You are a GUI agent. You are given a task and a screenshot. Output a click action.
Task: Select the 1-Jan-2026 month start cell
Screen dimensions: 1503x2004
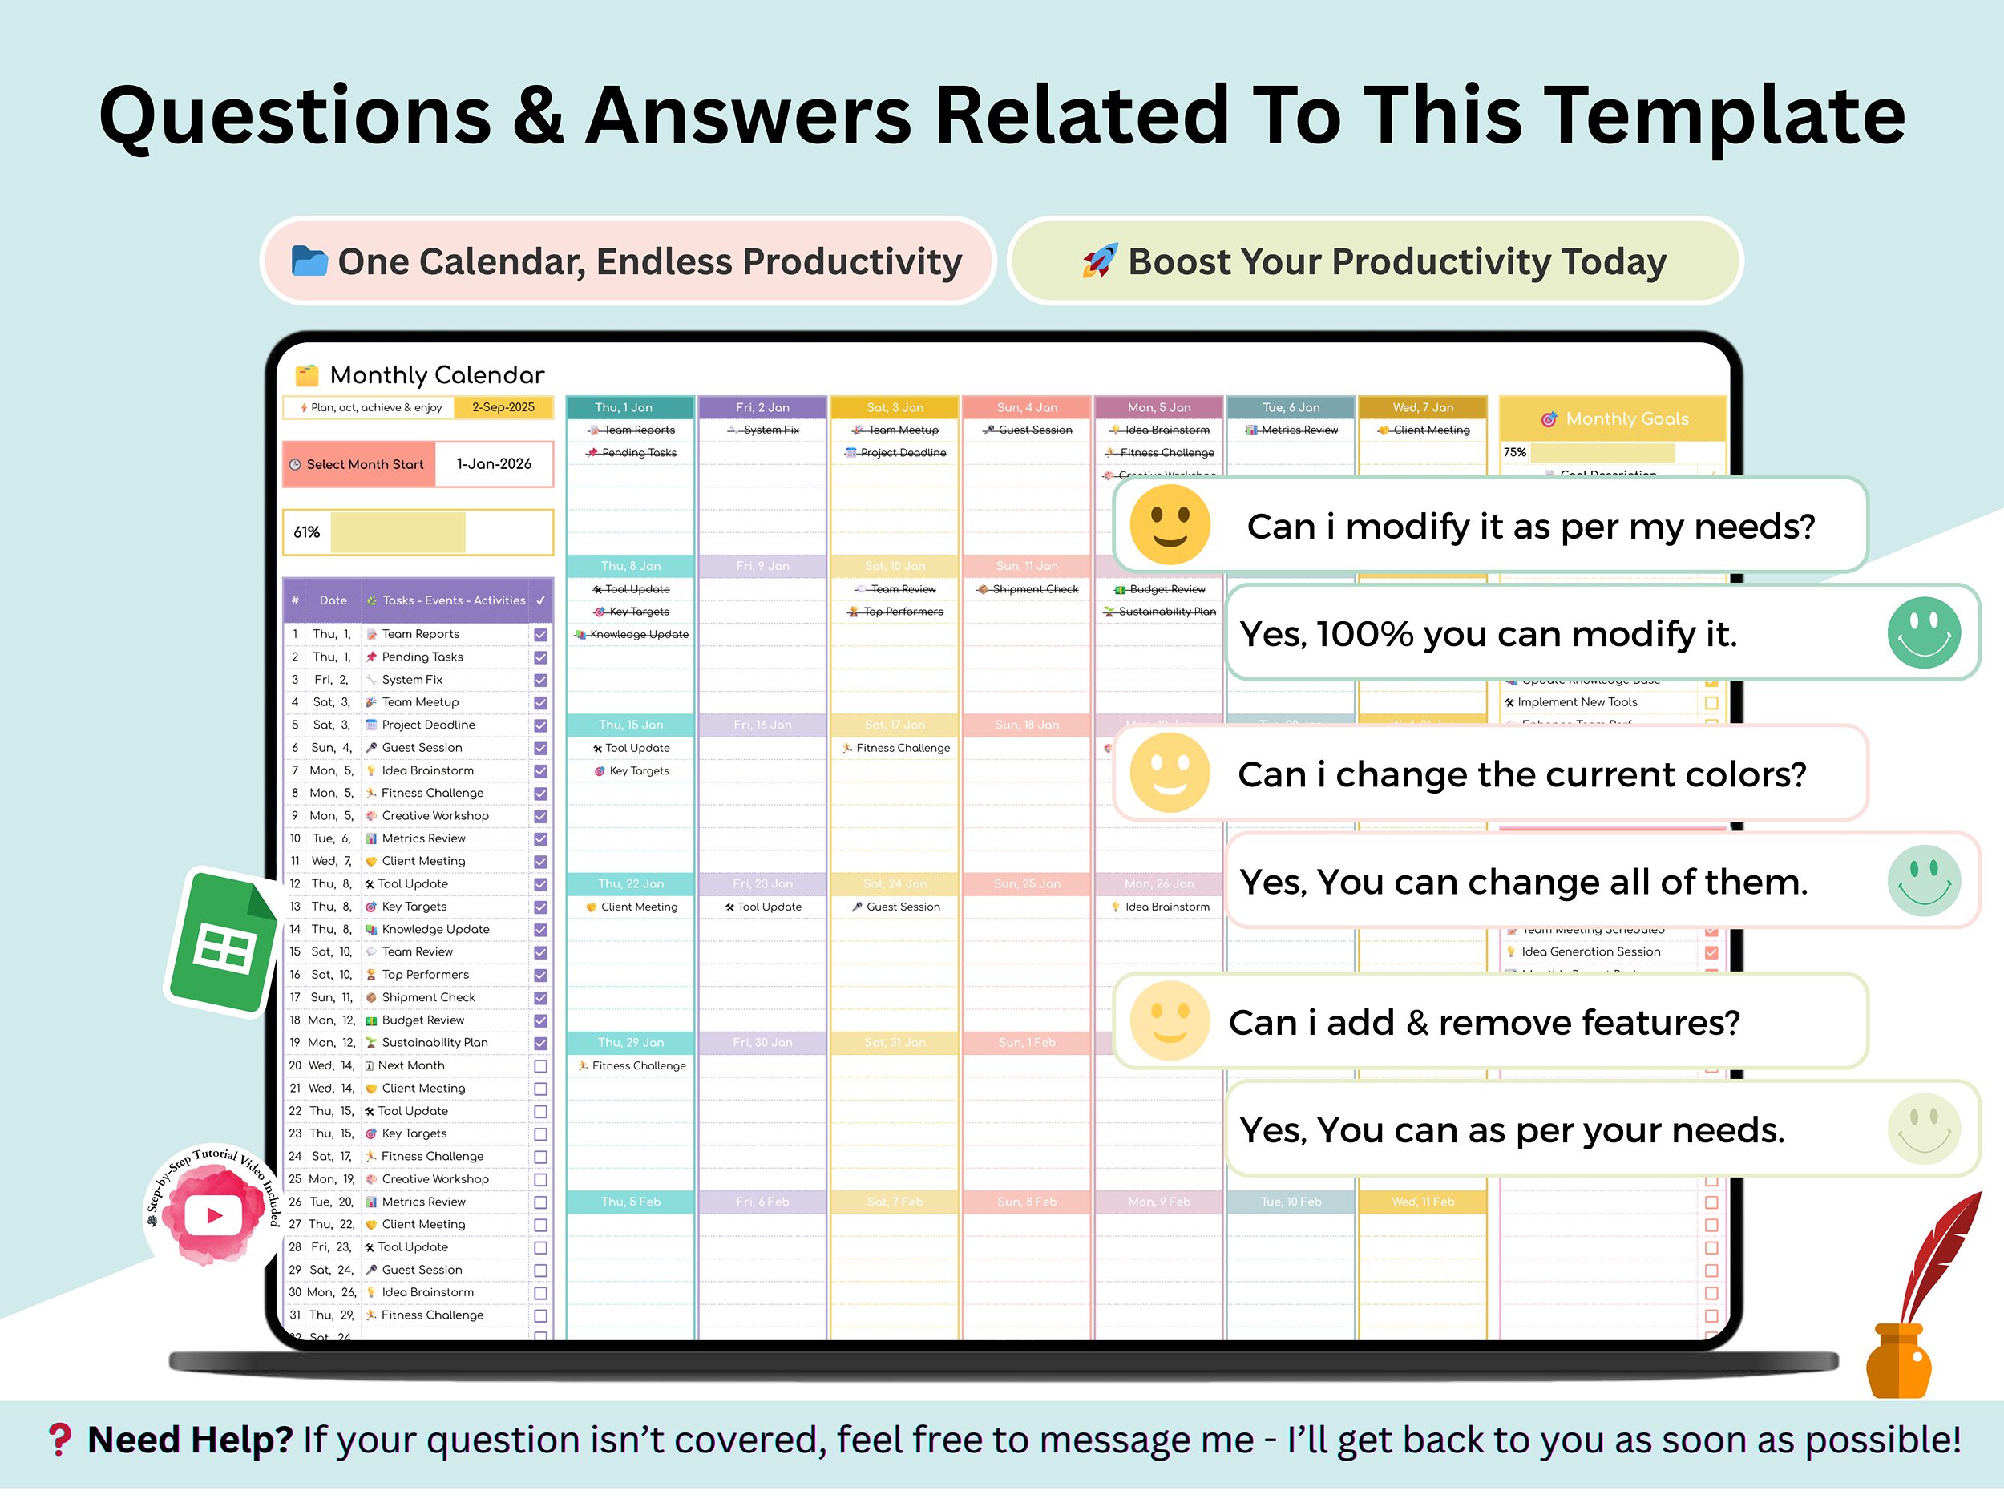pos(494,464)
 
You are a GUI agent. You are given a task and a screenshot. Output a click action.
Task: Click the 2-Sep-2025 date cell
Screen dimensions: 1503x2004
pos(503,408)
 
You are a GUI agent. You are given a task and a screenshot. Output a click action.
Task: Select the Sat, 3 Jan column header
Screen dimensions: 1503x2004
pos(895,408)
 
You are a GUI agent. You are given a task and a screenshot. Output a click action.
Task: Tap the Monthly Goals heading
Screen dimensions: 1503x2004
pos(1614,418)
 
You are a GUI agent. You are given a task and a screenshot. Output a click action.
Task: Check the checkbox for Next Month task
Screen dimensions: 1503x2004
pos(541,1066)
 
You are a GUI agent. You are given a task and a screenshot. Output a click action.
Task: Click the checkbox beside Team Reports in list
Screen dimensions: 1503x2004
pos(541,635)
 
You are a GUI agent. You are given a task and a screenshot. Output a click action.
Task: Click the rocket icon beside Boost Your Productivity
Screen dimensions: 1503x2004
pos(1099,262)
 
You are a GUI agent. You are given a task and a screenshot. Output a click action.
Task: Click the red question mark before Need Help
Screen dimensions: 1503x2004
pos(60,1440)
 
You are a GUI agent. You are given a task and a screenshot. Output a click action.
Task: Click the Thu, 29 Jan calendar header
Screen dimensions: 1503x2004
pos(631,1043)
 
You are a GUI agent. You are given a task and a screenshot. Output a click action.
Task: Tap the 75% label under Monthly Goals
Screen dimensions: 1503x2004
pos(1515,452)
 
